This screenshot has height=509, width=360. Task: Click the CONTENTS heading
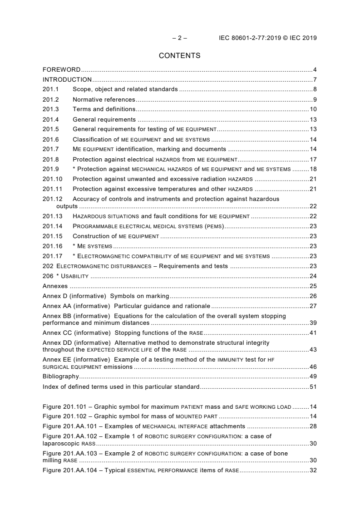[x=180, y=56]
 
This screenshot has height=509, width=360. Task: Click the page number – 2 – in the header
[x=179, y=38]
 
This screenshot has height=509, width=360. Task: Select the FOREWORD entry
[x=61, y=70]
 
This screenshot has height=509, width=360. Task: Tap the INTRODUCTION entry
[x=67, y=80]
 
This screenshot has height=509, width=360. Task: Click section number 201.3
[x=51, y=109]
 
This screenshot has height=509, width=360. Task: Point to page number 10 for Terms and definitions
[x=313, y=109]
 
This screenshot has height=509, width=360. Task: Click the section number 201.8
[x=51, y=159]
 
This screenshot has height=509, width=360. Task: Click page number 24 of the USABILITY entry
[x=313, y=276]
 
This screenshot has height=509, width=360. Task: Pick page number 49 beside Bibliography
[x=313, y=376]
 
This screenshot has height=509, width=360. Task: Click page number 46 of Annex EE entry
[x=313, y=367]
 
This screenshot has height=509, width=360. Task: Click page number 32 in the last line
[x=313, y=470]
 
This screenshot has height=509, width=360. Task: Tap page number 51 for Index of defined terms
[x=313, y=387]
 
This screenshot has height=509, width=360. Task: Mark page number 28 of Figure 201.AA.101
[x=313, y=426]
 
